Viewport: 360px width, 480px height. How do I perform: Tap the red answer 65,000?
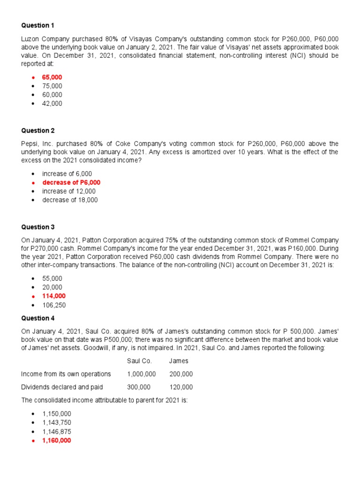pyautogui.click(x=52, y=77)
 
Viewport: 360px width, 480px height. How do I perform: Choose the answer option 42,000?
pyautogui.click(x=52, y=104)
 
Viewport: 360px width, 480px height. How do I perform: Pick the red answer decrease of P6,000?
pyautogui.click(x=71, y=182)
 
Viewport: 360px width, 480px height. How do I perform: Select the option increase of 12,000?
pyautogui.click(x=69, y=191)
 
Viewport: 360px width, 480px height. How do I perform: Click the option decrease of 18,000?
pyautogui.click(x=70, y=200)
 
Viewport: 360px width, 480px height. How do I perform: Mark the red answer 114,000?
pyautogui.click(x=54, y=296)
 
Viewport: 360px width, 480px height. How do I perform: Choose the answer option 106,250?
pyautogui.click(x=54, y=305)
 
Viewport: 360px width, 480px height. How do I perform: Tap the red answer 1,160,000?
pyautogui.click(x=57, y=441)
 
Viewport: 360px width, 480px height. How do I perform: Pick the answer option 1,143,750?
pyautogui.click(x=57, y=423)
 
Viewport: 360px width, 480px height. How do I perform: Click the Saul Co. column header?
pyautogui.click(x=139, y=361)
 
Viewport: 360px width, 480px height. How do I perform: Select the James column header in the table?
pyautogui.click(x=179, y=361)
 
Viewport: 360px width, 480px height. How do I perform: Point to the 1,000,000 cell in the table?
pyautogui.click(x=141, y=374)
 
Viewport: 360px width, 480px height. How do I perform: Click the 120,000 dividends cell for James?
pyautogui.click(x=181, y=387)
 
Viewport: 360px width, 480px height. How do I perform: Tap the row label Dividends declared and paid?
pyautogui.click(x=62, y=387)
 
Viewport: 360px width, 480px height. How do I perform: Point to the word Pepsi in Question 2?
pyautogui.click(x=30, y=143)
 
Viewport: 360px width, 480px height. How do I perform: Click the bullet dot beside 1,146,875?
pyautogui.click(x=32, y=432)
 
